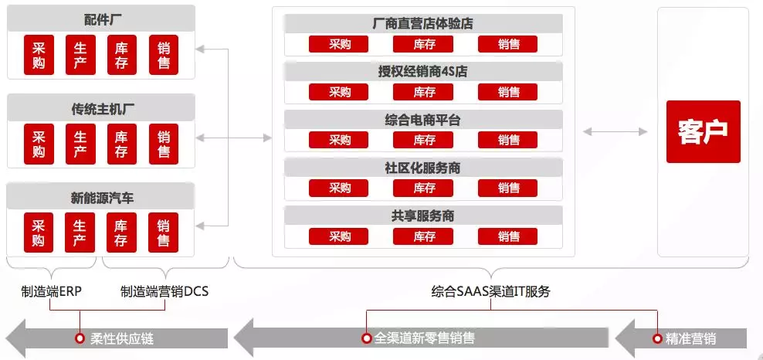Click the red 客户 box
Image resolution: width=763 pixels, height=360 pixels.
703,131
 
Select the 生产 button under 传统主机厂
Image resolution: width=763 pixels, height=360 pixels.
80,144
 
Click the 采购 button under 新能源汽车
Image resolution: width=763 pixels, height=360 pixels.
39,233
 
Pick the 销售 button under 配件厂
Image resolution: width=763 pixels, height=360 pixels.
164,55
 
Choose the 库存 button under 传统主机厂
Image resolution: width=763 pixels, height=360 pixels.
121,144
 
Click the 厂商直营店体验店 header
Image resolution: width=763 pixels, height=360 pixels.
422,24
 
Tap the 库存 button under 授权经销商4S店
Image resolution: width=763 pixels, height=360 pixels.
424,93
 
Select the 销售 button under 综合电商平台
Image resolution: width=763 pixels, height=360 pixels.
508,140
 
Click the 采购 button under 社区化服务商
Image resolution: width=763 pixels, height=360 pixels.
340,188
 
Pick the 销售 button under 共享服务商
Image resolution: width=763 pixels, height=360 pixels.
508,236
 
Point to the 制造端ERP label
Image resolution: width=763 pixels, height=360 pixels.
51,292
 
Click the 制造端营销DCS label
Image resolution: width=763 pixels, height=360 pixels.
164,292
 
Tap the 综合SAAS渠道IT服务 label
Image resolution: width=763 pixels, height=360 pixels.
491,292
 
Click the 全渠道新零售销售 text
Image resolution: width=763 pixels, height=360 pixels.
425,338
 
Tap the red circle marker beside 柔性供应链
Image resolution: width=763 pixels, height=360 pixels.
79,338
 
